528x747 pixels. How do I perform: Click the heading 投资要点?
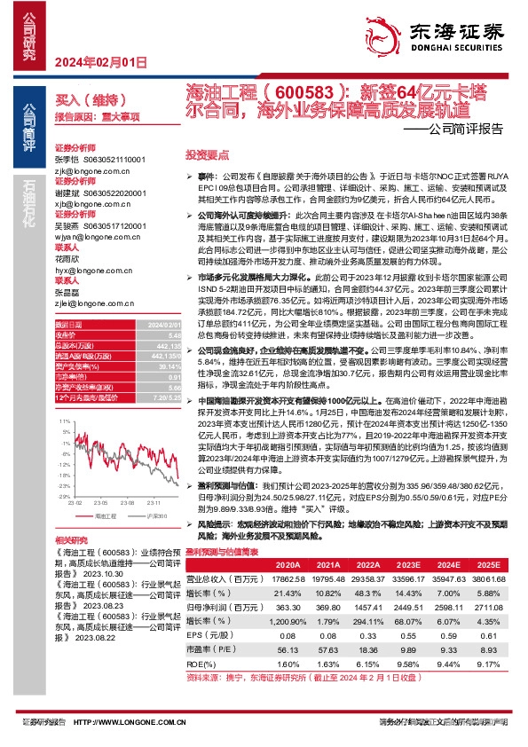[x=203, y=153]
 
